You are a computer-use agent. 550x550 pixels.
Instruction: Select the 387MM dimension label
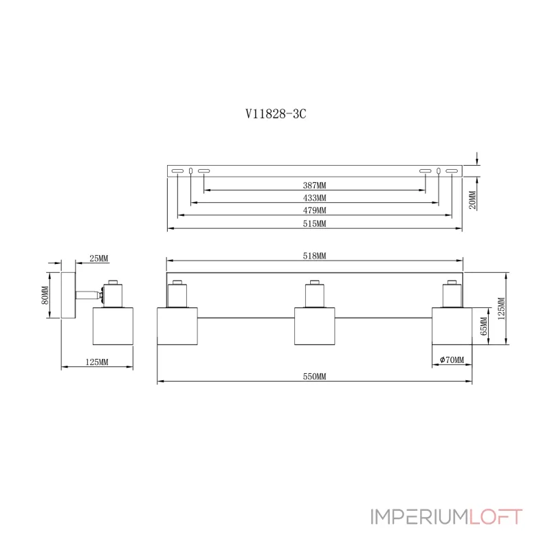[x=314, y=185]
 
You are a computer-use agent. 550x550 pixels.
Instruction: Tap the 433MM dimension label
[x=314, y=197]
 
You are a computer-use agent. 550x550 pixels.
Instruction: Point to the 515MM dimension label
[x=314, y=223]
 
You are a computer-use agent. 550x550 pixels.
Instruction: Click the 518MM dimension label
[x=314, y=255]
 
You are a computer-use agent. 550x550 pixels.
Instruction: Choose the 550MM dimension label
[x=314, y=376]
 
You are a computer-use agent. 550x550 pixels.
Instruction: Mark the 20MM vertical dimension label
[x=472, y=199]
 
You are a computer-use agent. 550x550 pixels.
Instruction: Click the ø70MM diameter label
[x=451, y=360]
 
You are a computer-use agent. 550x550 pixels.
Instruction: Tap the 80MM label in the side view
[x=45, y=294]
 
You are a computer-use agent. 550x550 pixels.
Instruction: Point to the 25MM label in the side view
[x=99, y=258]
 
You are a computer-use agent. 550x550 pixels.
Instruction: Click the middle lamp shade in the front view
[x=315, y=327]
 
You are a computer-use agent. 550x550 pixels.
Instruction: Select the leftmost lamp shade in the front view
[x=178, y=327]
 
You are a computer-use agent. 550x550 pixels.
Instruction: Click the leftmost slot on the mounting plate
[x=177, y=170]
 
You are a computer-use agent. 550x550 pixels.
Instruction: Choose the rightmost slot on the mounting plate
[x=452, y=170]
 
